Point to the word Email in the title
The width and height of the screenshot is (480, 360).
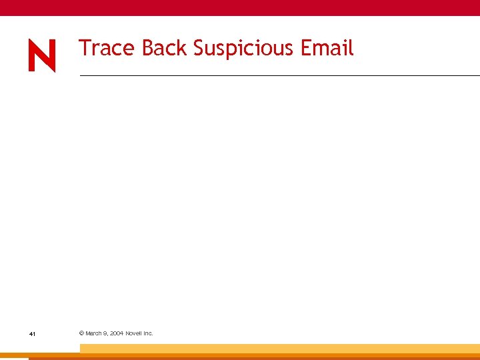pyautogui.click(x=327, y=48)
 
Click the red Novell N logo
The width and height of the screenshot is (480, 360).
pyautogui.click(x=42, y=55)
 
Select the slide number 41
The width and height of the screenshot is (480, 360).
pyautogui.click(x=32, y=333)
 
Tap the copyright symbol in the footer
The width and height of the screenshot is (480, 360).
pyautogui.click(x=81, y=333)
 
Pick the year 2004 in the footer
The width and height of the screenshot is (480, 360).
pyautogui.click(x=116, y=333)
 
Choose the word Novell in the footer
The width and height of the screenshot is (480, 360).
pyautogui.click(x=134, y=333)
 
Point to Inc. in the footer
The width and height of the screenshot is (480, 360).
pyautogui.click(x=149, y=333)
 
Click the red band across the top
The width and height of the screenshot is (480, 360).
pyautogui.click(x=240, y=7)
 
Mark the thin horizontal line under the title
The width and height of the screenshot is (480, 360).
pyautogui.click(x=280, y=76)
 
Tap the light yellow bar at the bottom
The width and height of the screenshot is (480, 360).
pyautogui.click(x=280, y=348)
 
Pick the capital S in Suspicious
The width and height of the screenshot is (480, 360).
pyautogui.click(x=199, y=48)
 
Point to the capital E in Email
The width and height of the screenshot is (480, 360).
pyautogui.click(x=306, y=48)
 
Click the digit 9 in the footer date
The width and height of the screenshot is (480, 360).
pyautogui.click(x=106, y=333)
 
